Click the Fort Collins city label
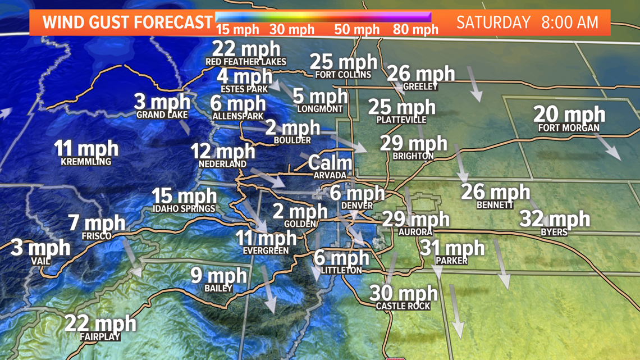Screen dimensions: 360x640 343,75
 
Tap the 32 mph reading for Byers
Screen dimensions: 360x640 555,218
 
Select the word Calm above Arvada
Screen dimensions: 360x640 330,163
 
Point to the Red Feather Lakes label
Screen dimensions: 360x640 246,61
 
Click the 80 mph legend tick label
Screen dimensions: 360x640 415,29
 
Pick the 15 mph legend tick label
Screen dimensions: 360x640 237,29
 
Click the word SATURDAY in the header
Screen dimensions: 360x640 493,22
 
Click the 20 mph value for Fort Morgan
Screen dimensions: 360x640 569,114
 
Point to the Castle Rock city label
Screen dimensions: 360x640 403,306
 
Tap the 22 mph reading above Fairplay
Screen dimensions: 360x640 100,323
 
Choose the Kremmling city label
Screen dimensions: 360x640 86,162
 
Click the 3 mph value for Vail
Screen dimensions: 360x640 40,247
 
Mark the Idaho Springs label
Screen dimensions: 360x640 184,208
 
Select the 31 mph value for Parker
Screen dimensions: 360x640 452,247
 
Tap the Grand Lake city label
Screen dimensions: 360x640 162,115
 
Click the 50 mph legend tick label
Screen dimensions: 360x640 357,29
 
